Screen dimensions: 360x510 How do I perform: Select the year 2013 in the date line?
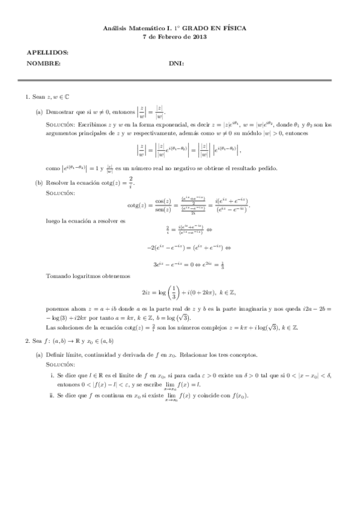tap(200, 37)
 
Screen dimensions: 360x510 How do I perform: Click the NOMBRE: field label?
tap(43, 63)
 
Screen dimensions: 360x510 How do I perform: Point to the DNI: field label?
tap(176, 63)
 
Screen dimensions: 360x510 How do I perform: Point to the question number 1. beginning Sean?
tap(28, 97)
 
